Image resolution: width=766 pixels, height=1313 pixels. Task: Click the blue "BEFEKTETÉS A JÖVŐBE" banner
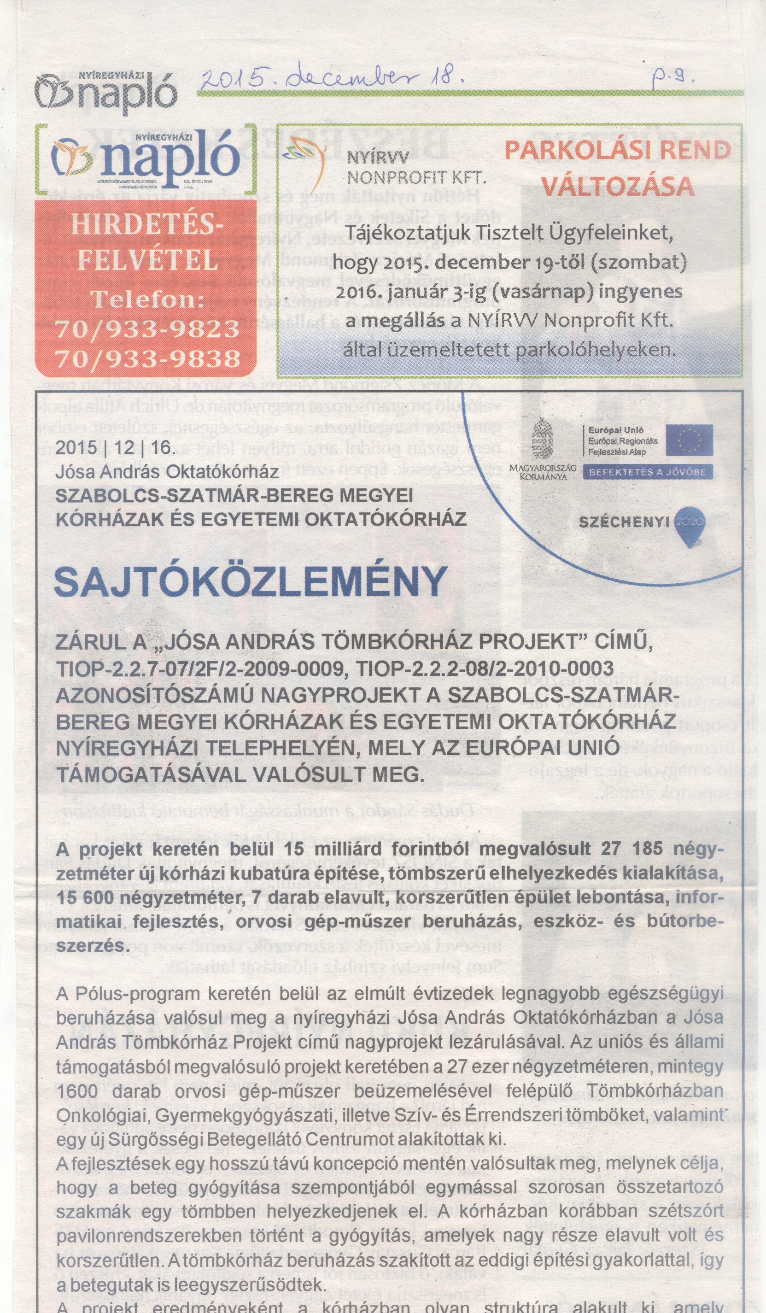click(x=648, y=472)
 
